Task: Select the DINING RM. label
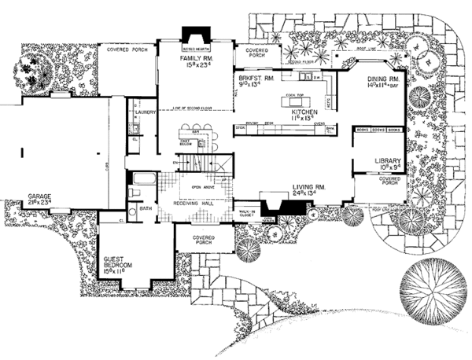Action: tap(385, 79)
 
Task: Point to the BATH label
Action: tap(145, 208)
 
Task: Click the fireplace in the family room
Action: tap(193, 38)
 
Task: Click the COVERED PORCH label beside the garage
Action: tap(127, 50)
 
